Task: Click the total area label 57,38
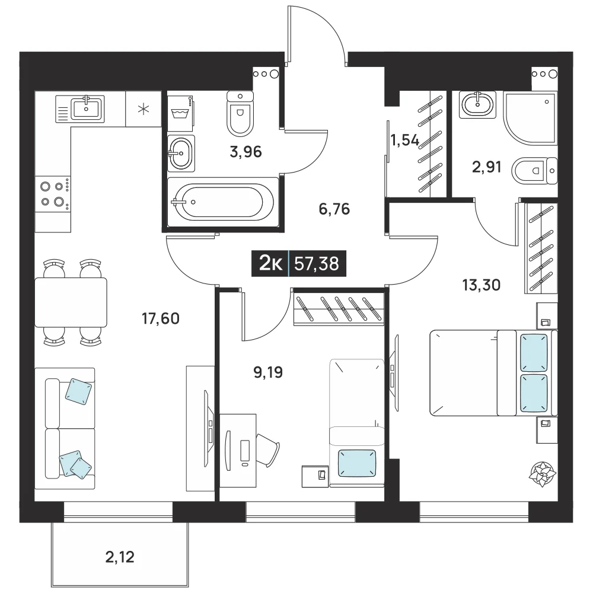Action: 317,264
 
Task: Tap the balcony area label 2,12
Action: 120,557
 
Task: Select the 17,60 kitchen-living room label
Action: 160,318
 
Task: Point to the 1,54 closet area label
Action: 404,141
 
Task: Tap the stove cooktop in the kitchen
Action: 53,194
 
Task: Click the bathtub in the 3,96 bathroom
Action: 222,202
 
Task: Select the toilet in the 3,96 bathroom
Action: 240,113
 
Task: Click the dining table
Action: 71,302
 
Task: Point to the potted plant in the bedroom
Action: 543,473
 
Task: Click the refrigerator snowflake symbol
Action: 144,110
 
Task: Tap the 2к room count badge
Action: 270,264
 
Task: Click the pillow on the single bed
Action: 356,463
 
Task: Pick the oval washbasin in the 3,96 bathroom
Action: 181,153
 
